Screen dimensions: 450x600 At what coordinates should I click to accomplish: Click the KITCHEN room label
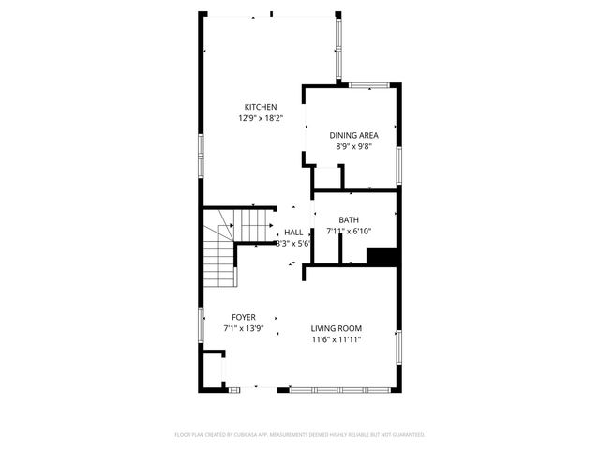coord(261,107)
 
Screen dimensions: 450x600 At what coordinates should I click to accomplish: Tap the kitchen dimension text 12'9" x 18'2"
coord(261,119)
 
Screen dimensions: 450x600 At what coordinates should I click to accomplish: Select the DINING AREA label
coord(354,135)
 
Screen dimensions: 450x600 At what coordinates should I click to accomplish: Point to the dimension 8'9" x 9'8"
coord(354,146)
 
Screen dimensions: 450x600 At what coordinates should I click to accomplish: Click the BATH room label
coord(349,220)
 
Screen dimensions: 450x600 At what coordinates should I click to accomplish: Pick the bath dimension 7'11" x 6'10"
coord(349,232)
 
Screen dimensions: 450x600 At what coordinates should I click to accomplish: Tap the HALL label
coord(293,232)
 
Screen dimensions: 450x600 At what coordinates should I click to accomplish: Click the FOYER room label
coord(244,317)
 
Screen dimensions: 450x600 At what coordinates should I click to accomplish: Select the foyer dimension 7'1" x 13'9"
coord(244,329)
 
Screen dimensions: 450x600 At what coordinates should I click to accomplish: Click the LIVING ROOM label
coord(337,328)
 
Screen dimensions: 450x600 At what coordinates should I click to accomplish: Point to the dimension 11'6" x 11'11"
coord(337,339)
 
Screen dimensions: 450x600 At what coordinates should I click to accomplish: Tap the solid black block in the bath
coord(382,257)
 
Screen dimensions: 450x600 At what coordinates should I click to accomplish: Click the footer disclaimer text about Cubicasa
coord(300,435)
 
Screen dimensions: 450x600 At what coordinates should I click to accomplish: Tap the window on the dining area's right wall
coord(399,161)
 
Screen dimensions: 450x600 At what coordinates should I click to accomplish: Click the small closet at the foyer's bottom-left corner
coord(215,368)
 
